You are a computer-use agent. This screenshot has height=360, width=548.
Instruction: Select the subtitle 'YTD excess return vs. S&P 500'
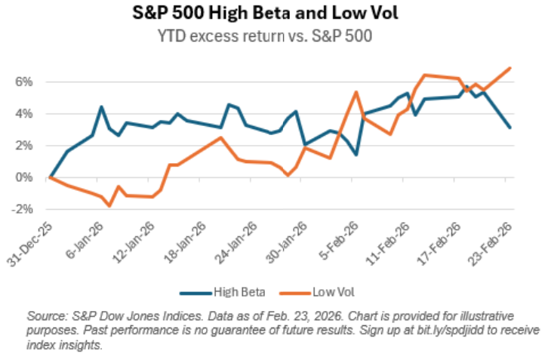273,33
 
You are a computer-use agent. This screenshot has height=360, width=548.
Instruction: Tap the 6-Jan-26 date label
86,240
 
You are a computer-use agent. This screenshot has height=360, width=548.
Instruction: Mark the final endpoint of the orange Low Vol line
510,68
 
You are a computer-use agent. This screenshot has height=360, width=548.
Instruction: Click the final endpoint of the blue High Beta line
510,128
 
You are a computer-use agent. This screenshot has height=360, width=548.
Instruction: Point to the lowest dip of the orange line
110,205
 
